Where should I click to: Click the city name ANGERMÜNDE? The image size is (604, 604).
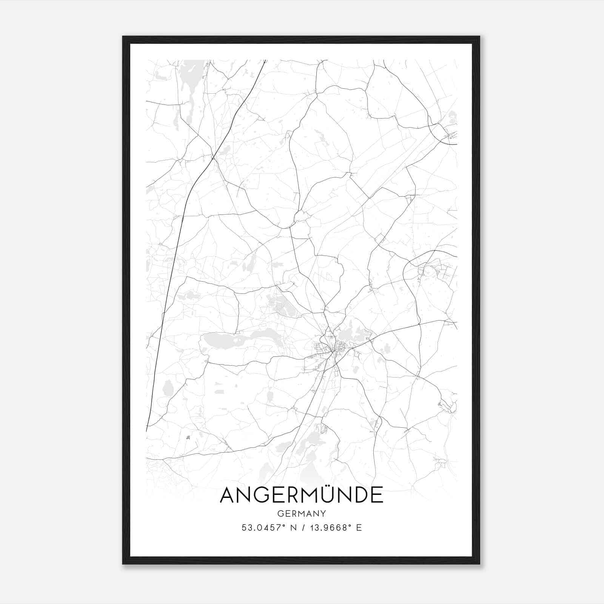tap(301, 495)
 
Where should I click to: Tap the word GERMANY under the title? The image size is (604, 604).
tap(301, 514)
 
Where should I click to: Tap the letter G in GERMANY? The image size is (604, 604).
tap(280, 514)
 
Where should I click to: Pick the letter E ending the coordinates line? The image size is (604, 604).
tap(359, 528)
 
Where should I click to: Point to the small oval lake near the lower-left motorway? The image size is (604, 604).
tap(167, 388)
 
